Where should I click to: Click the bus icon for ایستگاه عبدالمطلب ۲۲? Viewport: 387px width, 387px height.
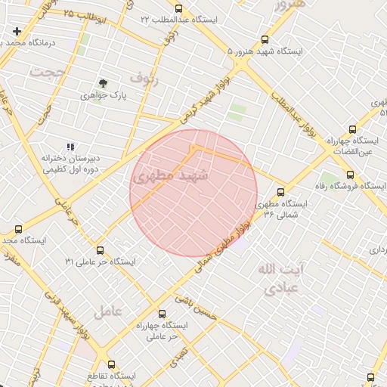click(178, 8)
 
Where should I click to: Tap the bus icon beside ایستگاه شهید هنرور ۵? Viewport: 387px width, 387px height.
click(265, 39)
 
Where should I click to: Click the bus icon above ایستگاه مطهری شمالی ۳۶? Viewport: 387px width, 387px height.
click(281, 192)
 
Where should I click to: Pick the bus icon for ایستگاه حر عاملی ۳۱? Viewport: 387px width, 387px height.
click(100, 249)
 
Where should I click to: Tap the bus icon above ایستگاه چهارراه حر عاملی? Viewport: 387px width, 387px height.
click(161, 313)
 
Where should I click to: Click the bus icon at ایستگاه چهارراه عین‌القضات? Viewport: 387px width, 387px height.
click(351, 129)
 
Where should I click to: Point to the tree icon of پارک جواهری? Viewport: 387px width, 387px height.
click(103, 83)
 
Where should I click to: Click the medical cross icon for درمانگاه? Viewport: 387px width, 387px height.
click(17, 31)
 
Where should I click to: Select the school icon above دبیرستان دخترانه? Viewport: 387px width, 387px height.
click(70, 147)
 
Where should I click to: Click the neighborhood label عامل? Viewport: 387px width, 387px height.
click(108, 310)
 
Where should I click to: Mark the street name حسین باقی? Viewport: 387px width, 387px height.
click(197, 306)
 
